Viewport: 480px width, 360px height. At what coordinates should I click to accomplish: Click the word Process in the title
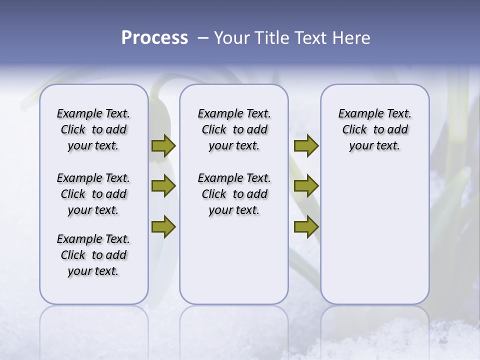pyautogui.click(x=154, y=38)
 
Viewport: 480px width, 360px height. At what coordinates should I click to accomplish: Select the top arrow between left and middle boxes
pyautogui.click(x=163, y=146)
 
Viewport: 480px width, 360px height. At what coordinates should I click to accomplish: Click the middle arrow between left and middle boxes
pyautogui.click(x=163, y=186)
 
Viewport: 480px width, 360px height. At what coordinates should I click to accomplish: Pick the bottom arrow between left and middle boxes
pyautogui.click(x=163, y=227)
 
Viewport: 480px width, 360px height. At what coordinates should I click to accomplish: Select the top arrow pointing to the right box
pyautogui.click(x=306, y=146)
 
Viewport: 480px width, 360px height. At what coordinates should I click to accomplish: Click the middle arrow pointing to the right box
pyautogui.click(x=306, y=186)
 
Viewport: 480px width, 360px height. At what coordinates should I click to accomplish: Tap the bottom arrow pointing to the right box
pyautogui.click(x=306, y=227)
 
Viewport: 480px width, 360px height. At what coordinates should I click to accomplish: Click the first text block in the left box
pyautogui.click(x=93, y=129)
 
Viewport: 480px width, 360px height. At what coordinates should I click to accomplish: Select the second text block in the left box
pyautogui.click(x=93, y=194)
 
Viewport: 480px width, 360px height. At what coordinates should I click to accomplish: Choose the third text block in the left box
pyautogui.click(x=93, y=255)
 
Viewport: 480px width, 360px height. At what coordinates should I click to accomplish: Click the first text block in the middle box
pyautogui.click(x=234, y=129)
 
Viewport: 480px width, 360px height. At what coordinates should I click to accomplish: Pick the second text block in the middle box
pyautogui.click(x=234, y=194)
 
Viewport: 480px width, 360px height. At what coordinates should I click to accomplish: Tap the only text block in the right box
pyautogui.click(x=374, y=129)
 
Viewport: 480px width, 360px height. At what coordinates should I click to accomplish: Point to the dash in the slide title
pyautogui.click(x=202, y=38)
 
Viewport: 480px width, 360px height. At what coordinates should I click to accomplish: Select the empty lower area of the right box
pyautogui.click(x=374, y=235)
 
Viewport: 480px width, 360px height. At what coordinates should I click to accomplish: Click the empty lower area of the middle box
pyautogui.click(x=234, y=260)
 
